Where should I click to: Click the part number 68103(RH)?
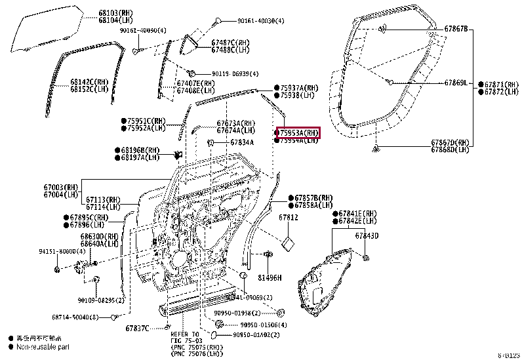point(113,12)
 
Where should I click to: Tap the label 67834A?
point(241,142)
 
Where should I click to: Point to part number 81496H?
point(269,277)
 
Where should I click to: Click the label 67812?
point(288,217)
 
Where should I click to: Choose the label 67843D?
point(367,236)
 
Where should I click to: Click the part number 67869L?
point(455,83)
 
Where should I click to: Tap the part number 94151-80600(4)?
point(62,250)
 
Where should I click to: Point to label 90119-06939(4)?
point(235,73)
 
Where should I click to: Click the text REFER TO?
point(185,334)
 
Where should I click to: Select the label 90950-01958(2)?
point(234,313)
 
